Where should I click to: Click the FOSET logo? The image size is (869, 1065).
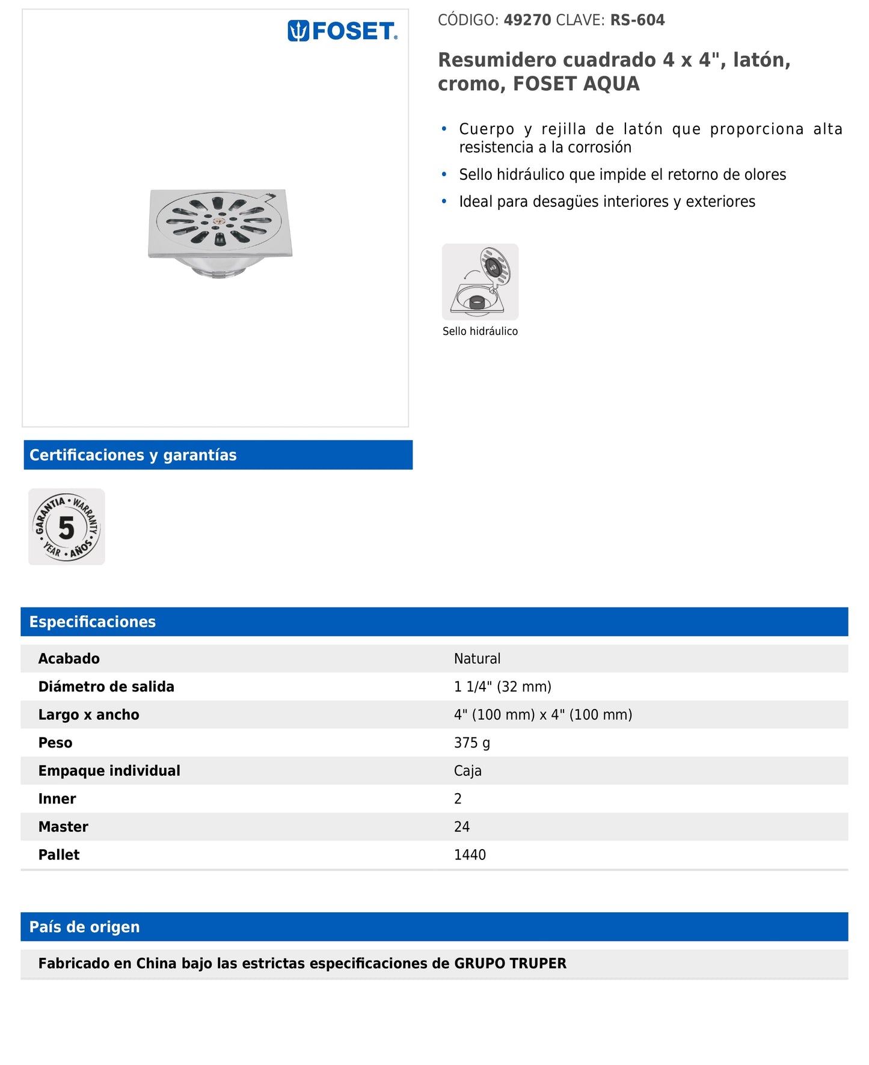point(342,31)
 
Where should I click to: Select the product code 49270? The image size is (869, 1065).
point(527,20)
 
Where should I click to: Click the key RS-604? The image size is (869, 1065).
point(637,20)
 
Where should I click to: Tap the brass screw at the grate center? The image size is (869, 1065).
point(218,221)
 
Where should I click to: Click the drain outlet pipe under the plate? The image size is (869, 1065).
point(218,271)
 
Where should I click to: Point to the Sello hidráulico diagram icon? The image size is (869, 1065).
point(480,281)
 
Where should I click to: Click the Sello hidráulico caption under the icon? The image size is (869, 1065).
point(480,331)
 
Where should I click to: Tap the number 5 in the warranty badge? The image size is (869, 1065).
point(66,528)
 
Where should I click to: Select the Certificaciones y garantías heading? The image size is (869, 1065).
point(133,455)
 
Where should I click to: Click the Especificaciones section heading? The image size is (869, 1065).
point(93,622)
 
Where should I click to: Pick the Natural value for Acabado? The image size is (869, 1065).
point(477,658)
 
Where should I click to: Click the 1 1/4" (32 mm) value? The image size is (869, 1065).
point(502,687)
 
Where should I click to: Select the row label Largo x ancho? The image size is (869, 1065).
point(88,715)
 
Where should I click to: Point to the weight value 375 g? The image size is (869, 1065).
point(471,743)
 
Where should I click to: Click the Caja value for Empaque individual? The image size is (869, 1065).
point(467,771)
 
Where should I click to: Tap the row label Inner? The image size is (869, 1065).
point(57,799)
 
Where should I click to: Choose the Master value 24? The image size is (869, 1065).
point(461,827)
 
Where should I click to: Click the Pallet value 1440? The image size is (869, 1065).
point(470,855)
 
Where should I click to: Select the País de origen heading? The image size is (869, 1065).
point(84,927)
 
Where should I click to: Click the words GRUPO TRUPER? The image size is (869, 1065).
point(510,963)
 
